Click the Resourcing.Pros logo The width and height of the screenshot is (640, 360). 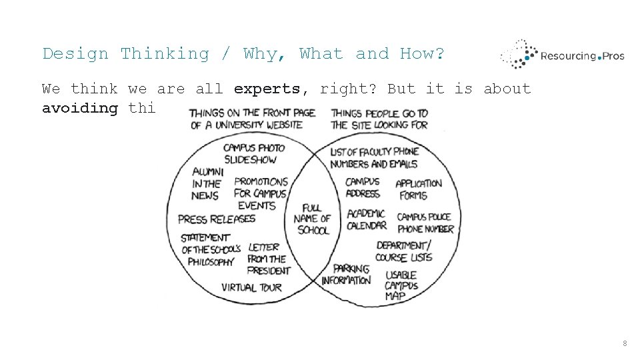coord(562,55)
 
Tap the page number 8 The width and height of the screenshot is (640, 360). coord(625,343)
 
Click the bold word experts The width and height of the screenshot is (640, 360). coord(267,89)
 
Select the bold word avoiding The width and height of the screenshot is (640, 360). coord(80,108)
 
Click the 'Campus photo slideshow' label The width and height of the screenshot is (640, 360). coord(254,153)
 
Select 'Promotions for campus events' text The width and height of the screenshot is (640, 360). coord(261,193)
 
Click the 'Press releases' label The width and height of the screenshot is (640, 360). coord(217,219)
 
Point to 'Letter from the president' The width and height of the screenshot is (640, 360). coord(269,259)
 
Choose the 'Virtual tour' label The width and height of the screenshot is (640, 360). coord(252,287)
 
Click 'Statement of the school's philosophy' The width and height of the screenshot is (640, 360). coord(207,249)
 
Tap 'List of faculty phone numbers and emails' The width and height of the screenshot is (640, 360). coord(374,157)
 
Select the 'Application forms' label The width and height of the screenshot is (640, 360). coord(419,189)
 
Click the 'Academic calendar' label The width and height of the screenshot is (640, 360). coord(367,219)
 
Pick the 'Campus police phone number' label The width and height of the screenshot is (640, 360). coord(425,223)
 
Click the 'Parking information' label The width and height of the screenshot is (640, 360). coord(346,274)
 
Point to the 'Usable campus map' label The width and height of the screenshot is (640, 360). coord(401,285)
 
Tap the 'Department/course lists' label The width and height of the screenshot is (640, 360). coord(404,251)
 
